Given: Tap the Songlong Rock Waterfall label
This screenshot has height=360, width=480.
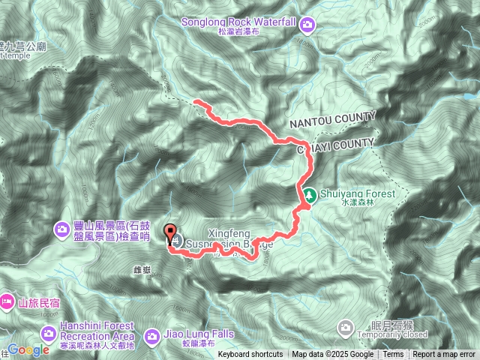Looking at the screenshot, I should click(236, 22).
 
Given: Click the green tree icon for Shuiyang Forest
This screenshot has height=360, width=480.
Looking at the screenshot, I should click(308, 196).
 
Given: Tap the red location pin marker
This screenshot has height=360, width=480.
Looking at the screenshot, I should click(170, 235).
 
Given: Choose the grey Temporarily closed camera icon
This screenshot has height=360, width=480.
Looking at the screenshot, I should click(346, 327).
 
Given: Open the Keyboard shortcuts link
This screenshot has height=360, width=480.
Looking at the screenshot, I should click(250, 355).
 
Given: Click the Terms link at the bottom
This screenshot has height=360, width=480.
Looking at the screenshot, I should click(392, 355).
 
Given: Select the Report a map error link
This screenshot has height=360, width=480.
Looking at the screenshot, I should click(444, 355).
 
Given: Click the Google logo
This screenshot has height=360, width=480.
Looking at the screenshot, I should click(28, 350).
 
